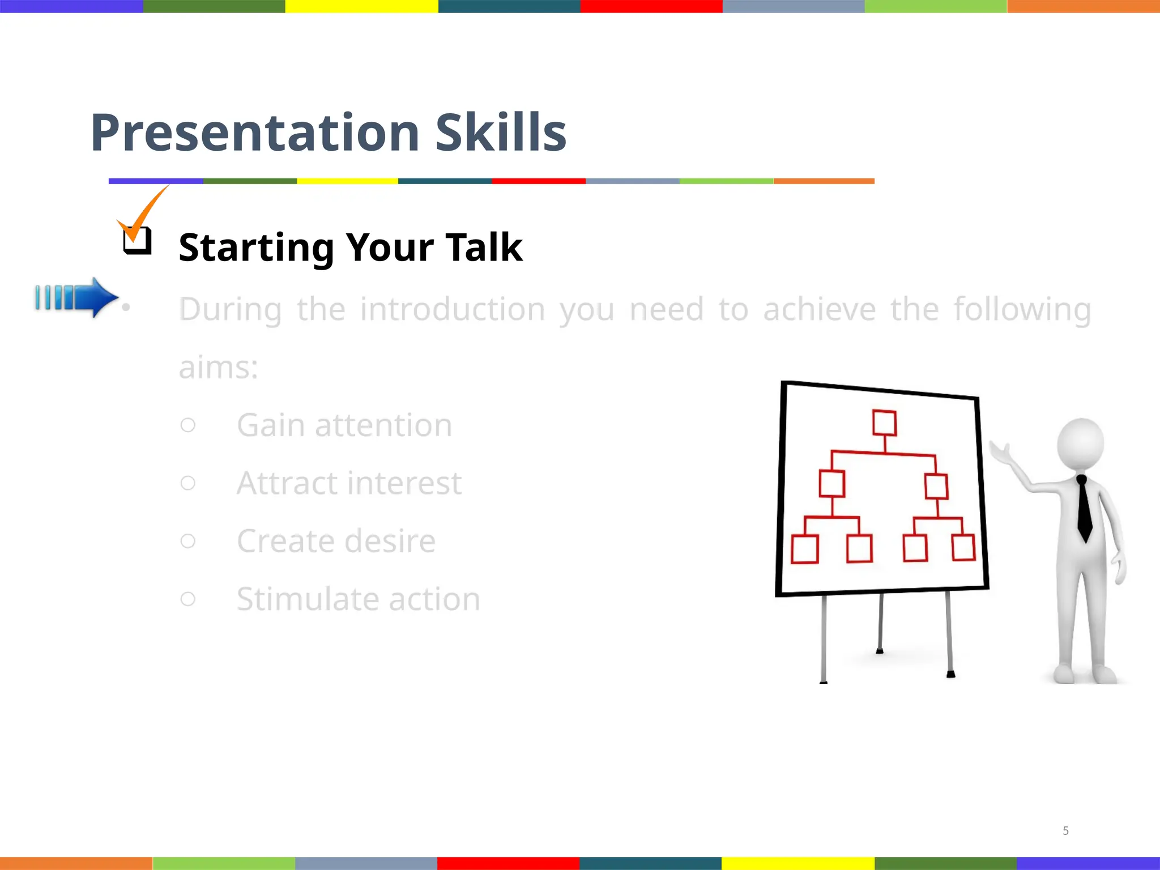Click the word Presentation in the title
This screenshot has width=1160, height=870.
click(255, 133)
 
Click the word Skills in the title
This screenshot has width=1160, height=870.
click(501, 133)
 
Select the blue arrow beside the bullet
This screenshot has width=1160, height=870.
click(76, 297)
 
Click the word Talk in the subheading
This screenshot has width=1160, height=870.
click(484, 248)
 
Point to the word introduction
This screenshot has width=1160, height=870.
click(453, 310)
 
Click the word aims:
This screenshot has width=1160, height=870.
click(219, 368)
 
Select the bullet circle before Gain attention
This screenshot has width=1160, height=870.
click(188, 425)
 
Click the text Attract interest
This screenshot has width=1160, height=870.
click(349, 483)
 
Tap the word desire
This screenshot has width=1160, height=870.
click(390, 541)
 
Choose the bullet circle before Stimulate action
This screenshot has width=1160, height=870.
click(188, 599)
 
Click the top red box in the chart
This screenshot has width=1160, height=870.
click(884, 423)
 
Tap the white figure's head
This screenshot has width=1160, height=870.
click(1081, 443)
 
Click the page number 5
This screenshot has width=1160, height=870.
click(1065, 830)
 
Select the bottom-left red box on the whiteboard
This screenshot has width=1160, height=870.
click(804, 549)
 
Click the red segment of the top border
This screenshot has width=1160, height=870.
click(651, 6)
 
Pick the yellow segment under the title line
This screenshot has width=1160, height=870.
click(347, 181)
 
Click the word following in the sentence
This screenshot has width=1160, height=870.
click(1022, 310)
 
